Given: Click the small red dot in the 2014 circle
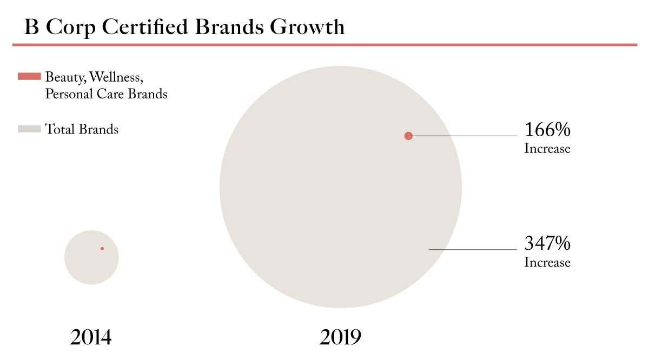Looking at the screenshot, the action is [102, 249].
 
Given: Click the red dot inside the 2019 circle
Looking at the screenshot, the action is [408, 136].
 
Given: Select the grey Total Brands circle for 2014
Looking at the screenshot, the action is [91, 257].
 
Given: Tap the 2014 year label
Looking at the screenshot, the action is [91, 337].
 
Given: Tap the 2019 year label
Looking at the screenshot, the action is [340, 337].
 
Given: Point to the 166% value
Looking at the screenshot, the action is [547, 129].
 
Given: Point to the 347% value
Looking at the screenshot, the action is [547, 243].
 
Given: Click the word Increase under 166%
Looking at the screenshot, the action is [547, 149].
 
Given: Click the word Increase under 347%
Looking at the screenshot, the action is [547, 262].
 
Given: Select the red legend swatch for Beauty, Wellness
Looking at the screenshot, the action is [29, 76].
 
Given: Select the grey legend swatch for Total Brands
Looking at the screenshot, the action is [29, 129].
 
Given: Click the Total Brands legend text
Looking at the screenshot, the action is [82, 129].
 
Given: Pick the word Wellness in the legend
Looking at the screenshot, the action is [116, 77].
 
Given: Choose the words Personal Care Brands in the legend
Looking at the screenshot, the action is [107, 94].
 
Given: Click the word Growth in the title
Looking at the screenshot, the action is [307, 27].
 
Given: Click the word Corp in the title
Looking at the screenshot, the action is [71, 28].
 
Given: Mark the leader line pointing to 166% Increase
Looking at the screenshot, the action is [463, 136].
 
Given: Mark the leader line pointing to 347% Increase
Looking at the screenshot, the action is [473, 249].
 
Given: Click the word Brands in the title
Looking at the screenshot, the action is [229, 27].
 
